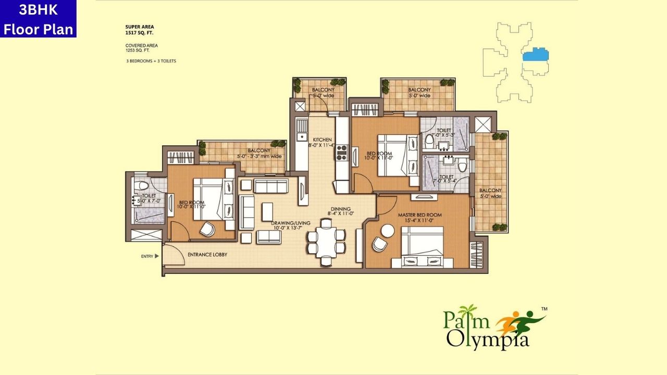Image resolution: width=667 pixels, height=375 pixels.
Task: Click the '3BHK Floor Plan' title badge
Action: click(38, 19)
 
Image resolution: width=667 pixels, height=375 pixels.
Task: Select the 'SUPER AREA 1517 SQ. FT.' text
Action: click(140, 29)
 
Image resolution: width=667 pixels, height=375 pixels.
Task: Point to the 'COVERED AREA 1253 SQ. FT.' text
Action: click(142, 48)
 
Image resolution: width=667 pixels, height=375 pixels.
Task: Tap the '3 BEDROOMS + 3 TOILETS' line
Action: click(151, 61)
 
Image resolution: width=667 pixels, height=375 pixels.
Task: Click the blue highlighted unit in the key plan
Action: click(536, 55)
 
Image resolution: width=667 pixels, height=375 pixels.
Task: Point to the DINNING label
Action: click(341, 210)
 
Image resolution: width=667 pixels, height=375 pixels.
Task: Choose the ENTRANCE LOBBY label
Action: click(207, 255)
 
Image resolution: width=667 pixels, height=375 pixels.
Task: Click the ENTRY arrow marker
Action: click(156, 256)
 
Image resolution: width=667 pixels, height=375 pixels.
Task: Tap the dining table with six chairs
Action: click(326, 242)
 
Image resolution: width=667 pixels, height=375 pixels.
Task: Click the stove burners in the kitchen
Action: click(341, 152)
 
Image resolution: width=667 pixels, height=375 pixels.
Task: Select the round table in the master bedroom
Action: click(388, 230)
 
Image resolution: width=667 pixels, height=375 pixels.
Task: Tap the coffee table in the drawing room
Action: click(267, 211)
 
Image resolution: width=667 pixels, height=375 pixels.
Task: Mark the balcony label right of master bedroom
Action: click(490, 193)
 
